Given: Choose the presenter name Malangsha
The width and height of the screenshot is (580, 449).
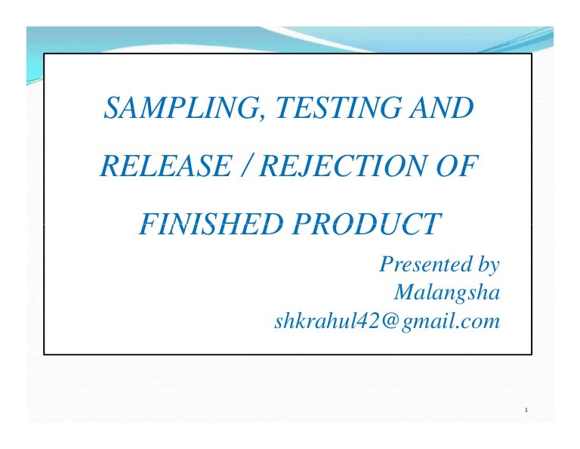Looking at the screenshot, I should point(446,293).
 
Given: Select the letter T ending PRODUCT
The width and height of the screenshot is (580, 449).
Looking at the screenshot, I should point(431,224).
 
